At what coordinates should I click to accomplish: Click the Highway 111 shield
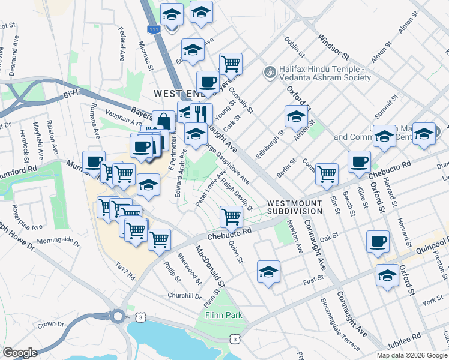[x=155, y=29]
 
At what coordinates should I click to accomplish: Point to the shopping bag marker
[x=163, y=121]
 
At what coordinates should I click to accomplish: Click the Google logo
[x=20, y=353]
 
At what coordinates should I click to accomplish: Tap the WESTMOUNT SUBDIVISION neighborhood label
[x=295, y=207]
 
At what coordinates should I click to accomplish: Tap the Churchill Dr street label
[x=185, y=296]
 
